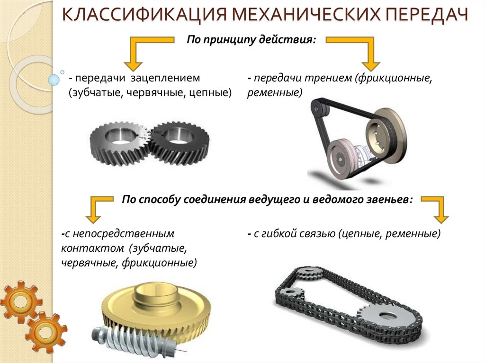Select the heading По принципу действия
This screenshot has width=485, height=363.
point(251,39)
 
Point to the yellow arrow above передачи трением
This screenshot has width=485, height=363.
point(365,52)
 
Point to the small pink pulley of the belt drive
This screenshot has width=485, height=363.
point(341,156)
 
